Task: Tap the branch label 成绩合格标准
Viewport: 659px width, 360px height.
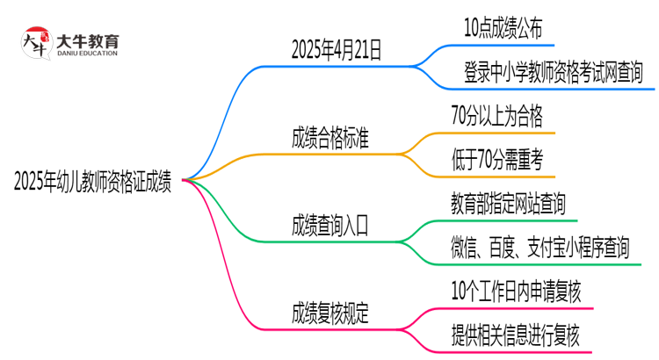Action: pyautogui.click(x=330, y=138)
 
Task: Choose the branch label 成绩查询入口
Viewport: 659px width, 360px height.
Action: pyautogui.click(x=330, y=226)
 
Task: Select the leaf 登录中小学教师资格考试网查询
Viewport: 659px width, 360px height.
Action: pyautogui.click(x=554, y=72)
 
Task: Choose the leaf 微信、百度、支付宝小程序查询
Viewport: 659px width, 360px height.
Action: pyautogui.click(x=540, y=247)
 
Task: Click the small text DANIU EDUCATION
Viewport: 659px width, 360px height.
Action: pyautogui.click(x=87, y=54)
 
